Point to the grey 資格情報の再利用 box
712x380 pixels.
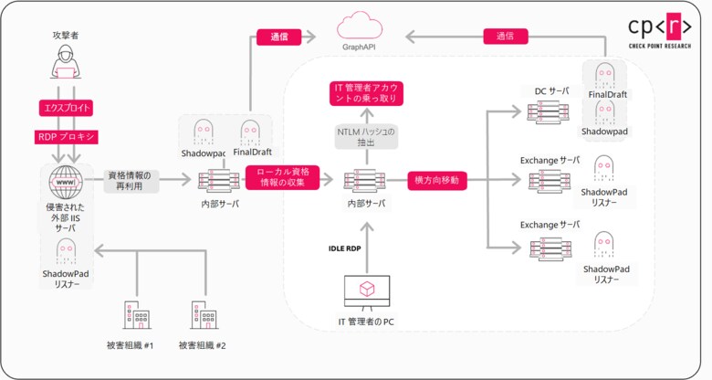134,180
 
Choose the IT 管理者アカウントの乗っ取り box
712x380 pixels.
365,93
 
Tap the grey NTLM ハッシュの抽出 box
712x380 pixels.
365,137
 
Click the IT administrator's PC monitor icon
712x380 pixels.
365,291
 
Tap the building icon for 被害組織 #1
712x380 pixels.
136,314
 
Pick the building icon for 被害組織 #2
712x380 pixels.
202,314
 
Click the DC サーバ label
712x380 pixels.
551,91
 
